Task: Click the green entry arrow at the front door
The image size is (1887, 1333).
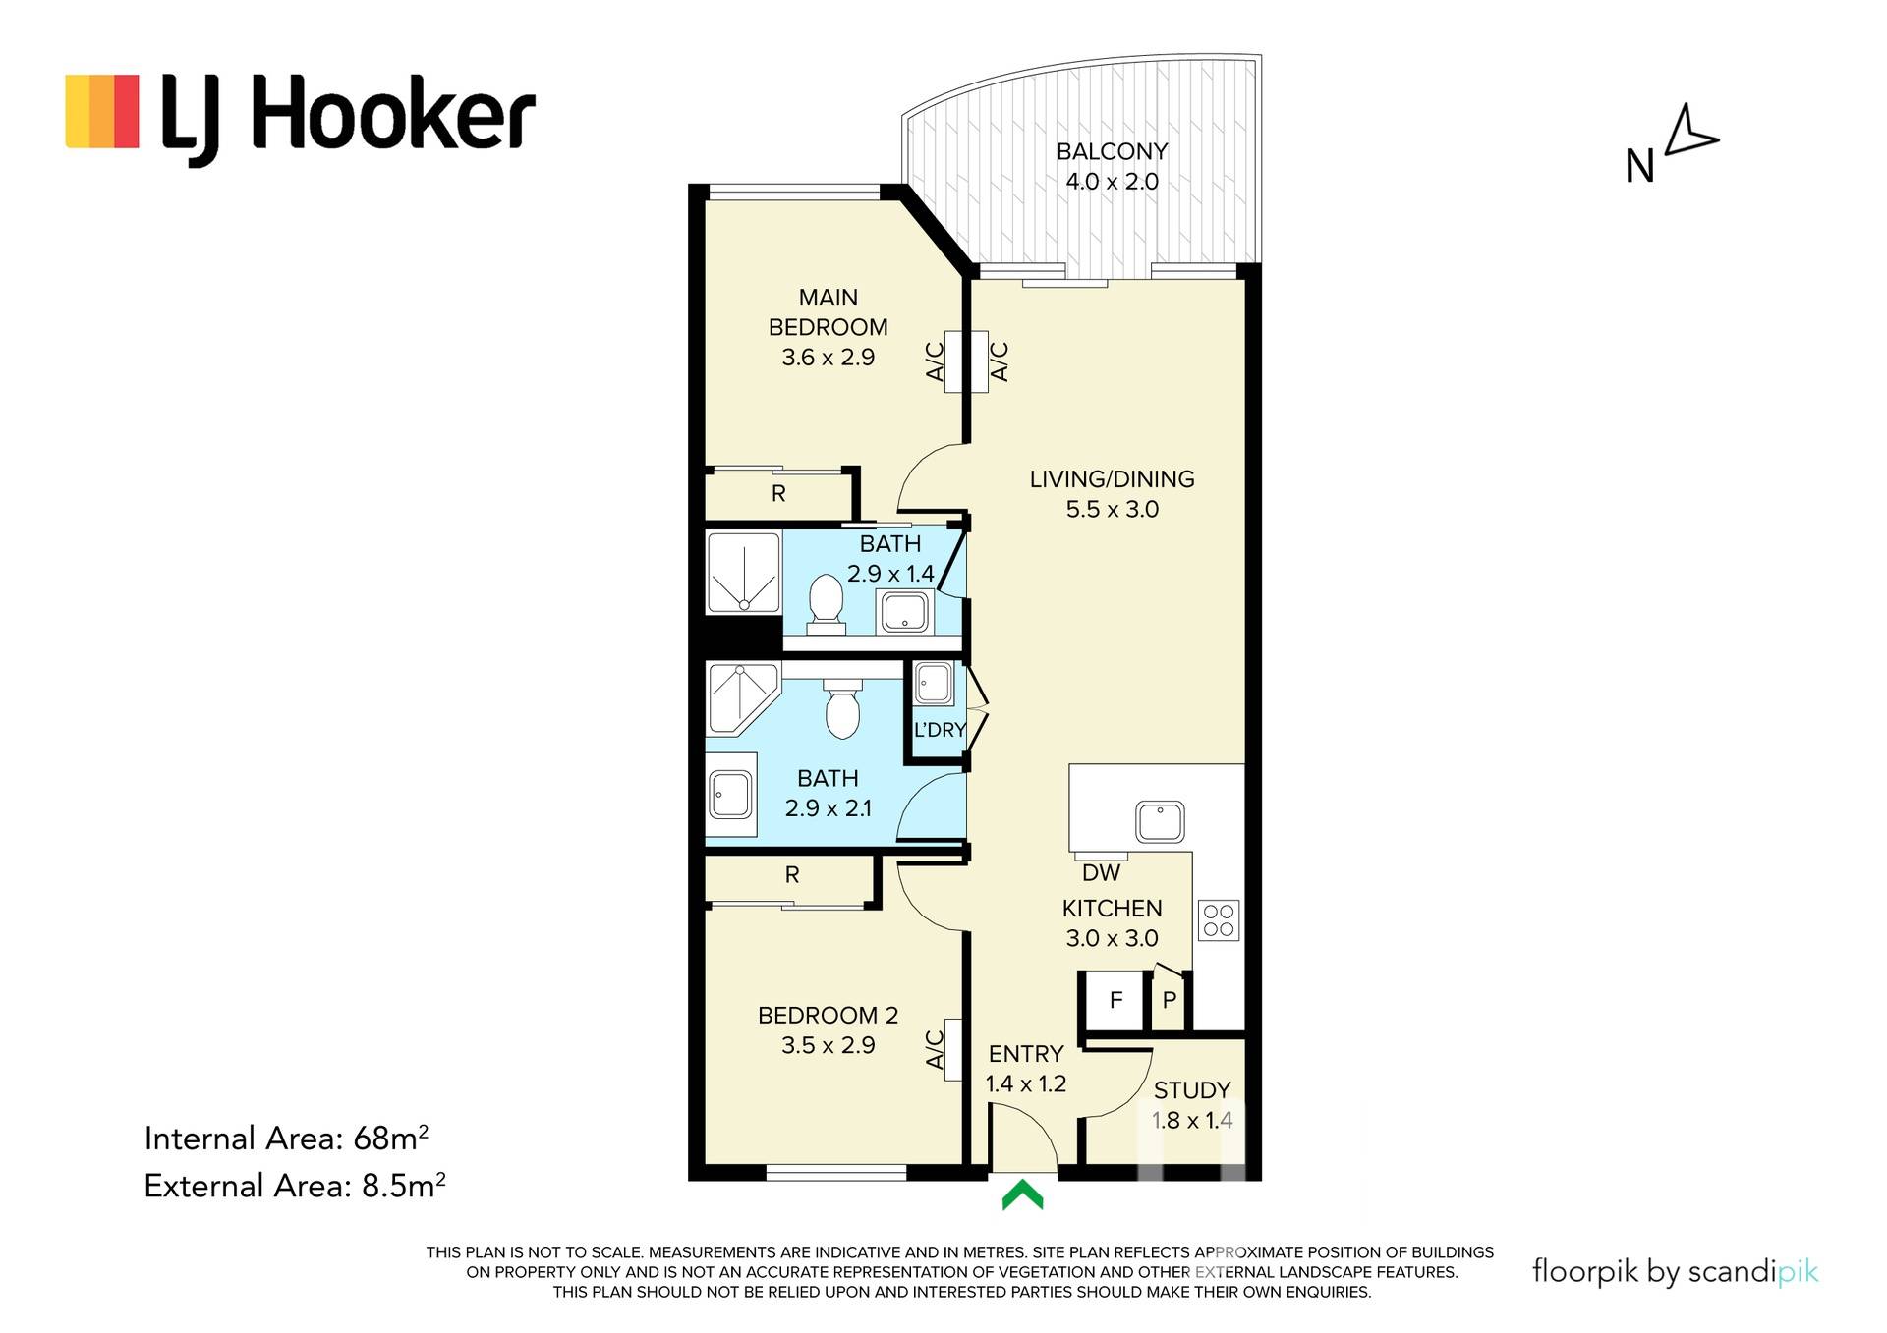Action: point(1022,1195)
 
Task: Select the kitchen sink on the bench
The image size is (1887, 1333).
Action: point(1160,822)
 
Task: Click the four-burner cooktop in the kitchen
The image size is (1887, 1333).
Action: point(1219,920)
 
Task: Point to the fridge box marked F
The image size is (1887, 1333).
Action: point(1115,1001)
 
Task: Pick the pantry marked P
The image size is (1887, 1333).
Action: point(1170,1001)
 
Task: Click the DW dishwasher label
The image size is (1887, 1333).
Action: point(1101,872)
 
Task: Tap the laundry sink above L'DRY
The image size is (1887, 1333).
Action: point(933,684)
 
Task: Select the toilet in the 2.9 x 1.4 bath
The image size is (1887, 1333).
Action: point(827,603)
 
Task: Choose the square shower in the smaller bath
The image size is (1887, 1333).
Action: point(743,572)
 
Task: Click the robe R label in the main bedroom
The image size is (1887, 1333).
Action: point(778,493)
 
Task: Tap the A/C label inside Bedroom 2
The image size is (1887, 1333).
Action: point(936,1049)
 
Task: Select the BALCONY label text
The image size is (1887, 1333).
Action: point(1112,151)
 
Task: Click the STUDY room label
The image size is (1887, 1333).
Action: point(1192,1090)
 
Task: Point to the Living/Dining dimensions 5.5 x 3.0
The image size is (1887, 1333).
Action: point(1113,509)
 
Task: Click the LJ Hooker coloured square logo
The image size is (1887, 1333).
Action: point(102,111)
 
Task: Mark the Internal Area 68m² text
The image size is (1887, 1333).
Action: point(286,1138)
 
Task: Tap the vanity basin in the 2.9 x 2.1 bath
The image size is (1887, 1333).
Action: point(731,794)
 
